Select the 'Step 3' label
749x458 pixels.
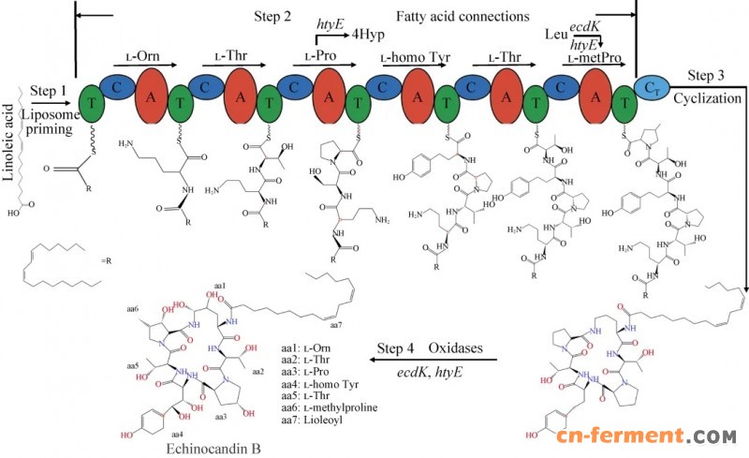[707, 74]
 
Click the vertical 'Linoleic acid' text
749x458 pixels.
[14, 135]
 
